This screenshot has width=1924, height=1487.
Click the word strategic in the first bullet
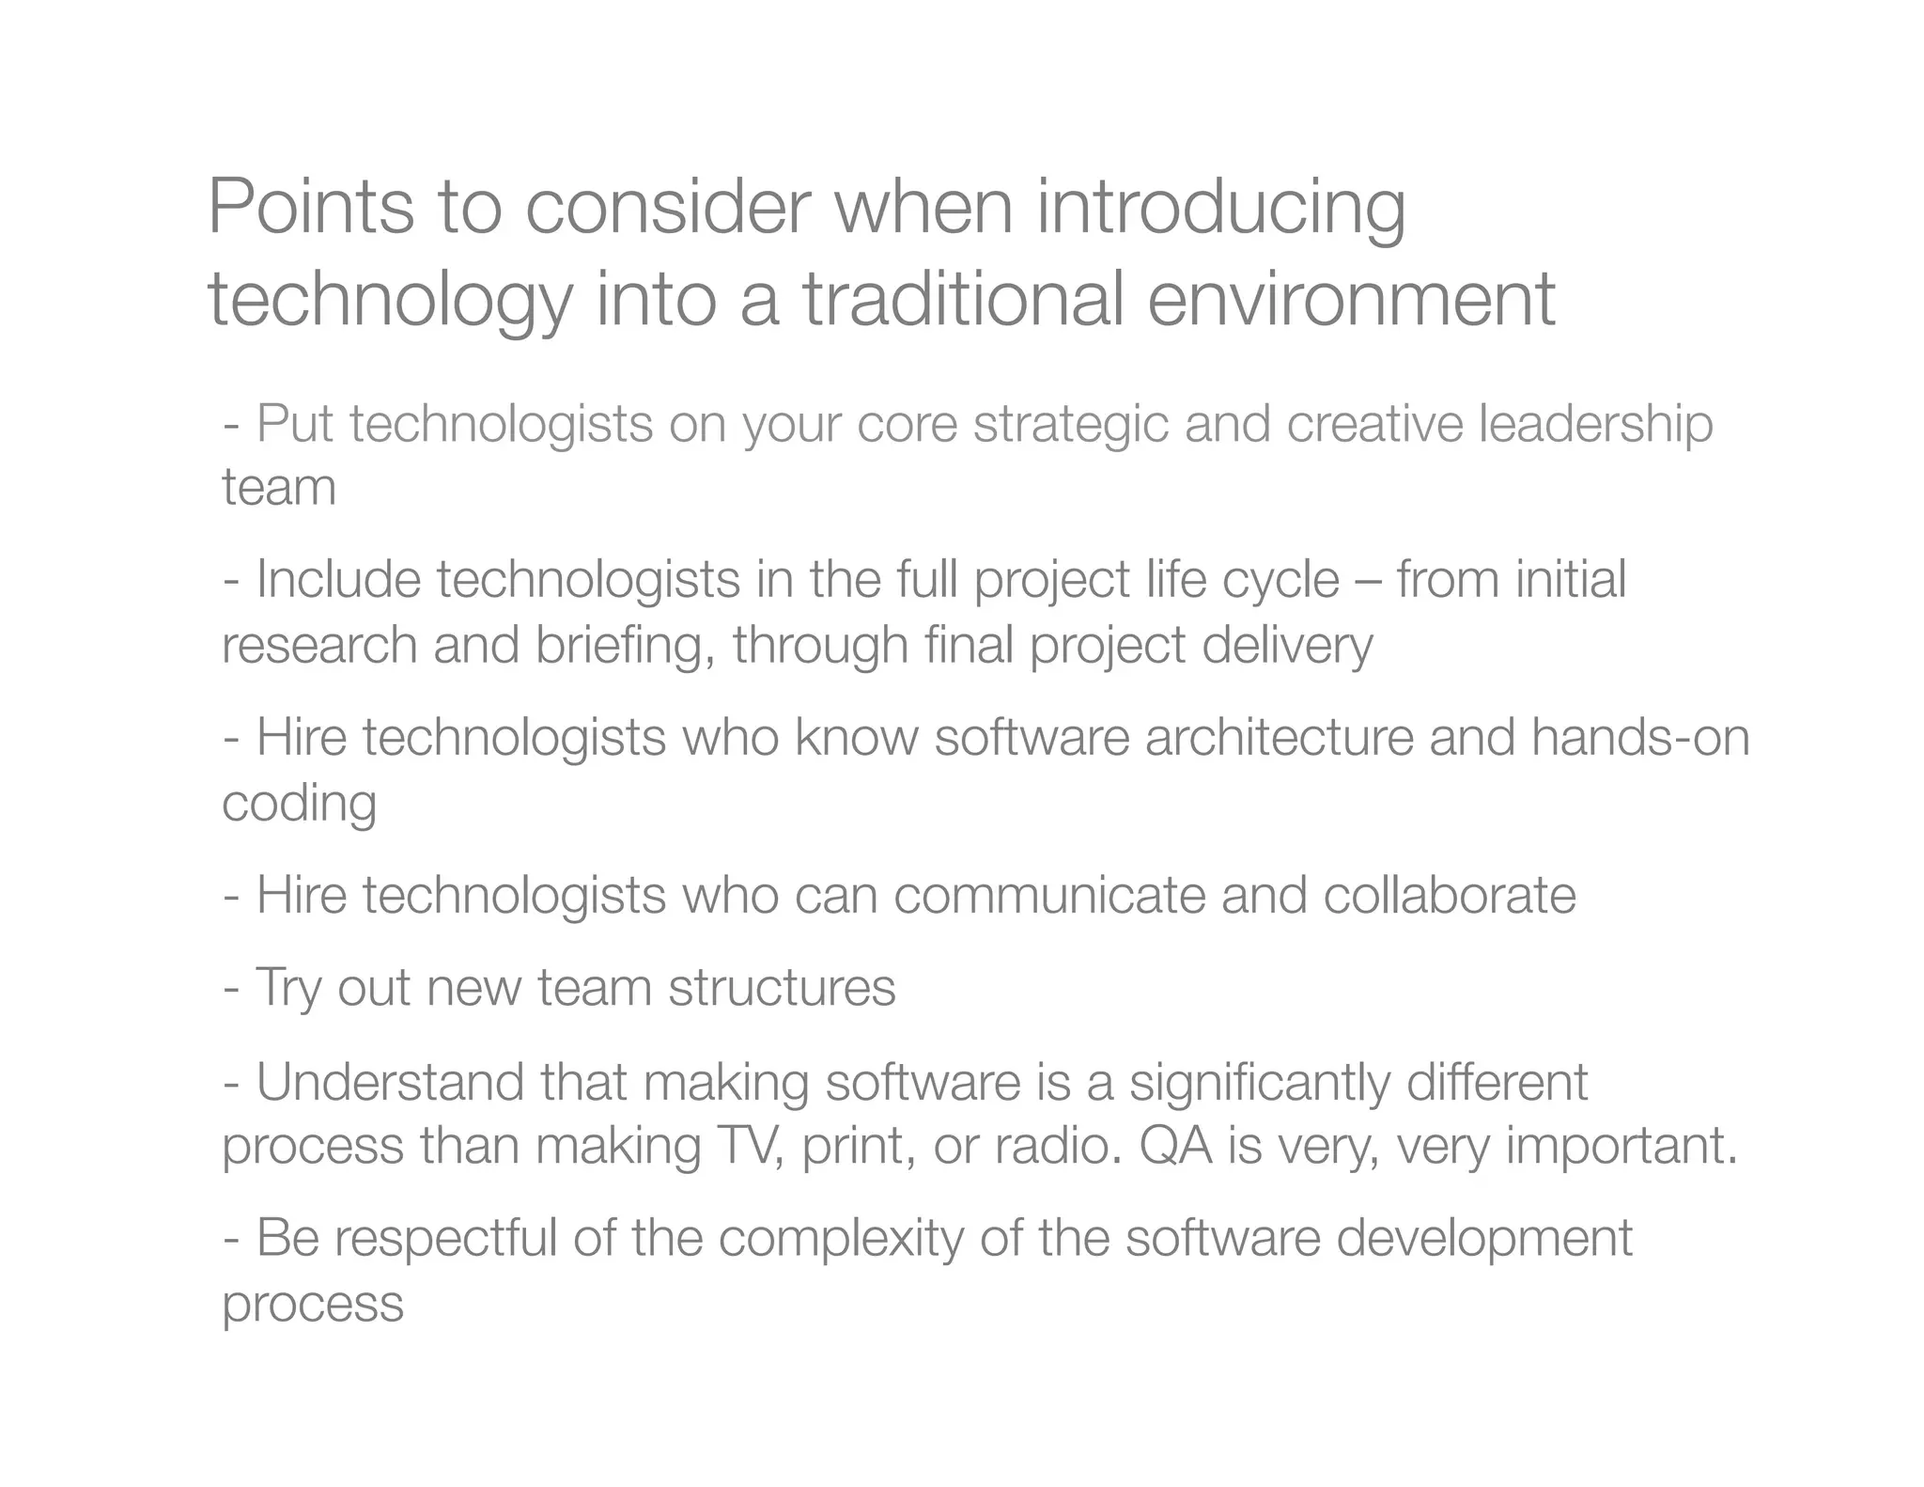1070,425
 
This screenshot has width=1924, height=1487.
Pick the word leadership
1595,425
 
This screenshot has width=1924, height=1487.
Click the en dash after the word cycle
1368,581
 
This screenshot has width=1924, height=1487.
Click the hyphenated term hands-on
1639,737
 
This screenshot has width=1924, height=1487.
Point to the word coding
299,805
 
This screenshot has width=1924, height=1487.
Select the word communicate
1048,895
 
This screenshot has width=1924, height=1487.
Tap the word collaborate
1450,895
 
